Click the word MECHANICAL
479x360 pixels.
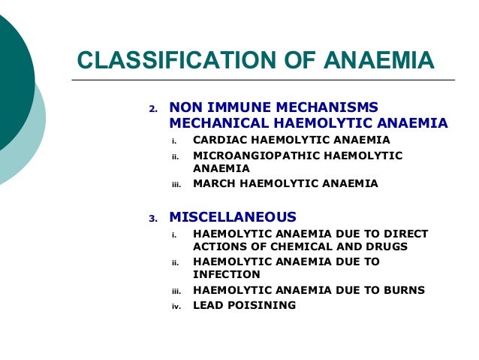pos(218,123)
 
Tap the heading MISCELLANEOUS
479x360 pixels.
pos(233,218)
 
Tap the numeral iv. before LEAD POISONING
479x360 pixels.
pos(176,307)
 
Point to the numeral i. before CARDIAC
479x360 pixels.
pos(174,141)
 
